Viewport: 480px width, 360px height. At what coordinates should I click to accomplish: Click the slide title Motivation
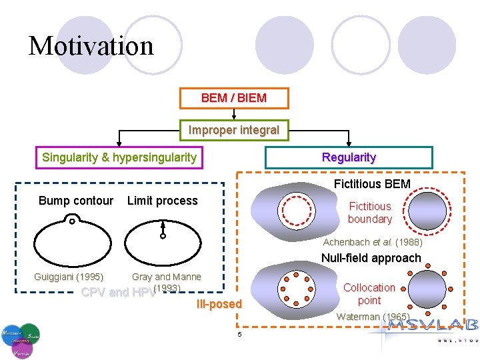[91, 46]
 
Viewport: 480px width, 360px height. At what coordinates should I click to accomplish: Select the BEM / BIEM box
[234, 98]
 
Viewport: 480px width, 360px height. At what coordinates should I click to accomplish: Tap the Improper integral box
[234, 130]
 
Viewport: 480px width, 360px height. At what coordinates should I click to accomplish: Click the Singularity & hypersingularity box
[119, 157]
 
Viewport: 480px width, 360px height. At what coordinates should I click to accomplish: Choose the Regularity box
[349, 157]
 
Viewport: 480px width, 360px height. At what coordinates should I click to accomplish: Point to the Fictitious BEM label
[372, 183]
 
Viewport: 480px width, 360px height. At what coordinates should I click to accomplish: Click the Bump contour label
[76, 201]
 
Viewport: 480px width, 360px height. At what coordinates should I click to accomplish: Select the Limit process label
[162, 201]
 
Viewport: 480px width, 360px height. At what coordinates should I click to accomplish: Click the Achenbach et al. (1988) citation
[373, 242]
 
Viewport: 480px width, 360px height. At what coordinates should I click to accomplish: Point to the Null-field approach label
[371, 258]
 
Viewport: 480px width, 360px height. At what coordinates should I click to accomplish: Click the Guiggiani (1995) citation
[69, 277]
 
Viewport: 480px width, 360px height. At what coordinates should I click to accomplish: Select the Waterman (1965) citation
[373, 317]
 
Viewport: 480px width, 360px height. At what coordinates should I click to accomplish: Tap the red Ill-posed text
[219, 304]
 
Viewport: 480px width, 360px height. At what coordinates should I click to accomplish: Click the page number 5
[239, 334]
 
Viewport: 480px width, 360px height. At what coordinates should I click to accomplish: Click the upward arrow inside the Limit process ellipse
[162, 230]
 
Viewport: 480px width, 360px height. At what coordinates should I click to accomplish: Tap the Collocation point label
[369, 293]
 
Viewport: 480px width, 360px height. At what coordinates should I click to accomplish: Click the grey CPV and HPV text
[117, 292]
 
